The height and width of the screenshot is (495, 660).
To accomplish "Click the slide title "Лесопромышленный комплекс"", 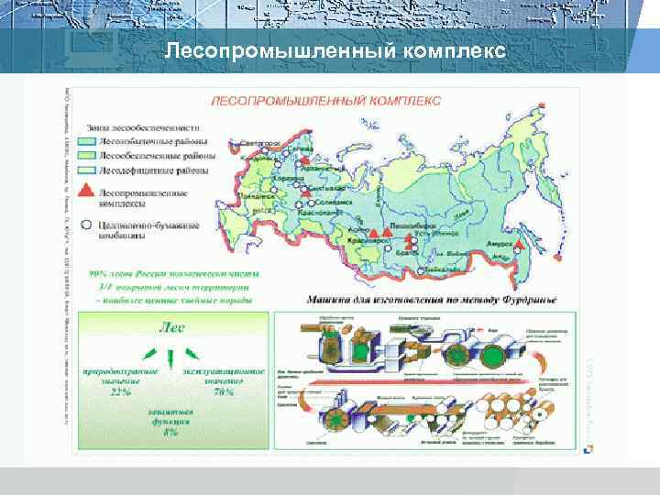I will pos(335,52).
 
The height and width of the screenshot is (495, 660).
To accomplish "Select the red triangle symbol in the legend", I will pos(85,190).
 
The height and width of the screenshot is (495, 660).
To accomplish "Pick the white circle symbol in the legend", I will pos(85,223).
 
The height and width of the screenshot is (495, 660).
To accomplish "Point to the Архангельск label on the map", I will pos(322,168).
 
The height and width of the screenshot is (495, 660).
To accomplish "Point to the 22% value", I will pos(120,391).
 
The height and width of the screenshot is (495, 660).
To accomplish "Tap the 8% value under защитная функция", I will pos(170,430).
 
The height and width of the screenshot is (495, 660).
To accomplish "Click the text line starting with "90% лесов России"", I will pos(175,272).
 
